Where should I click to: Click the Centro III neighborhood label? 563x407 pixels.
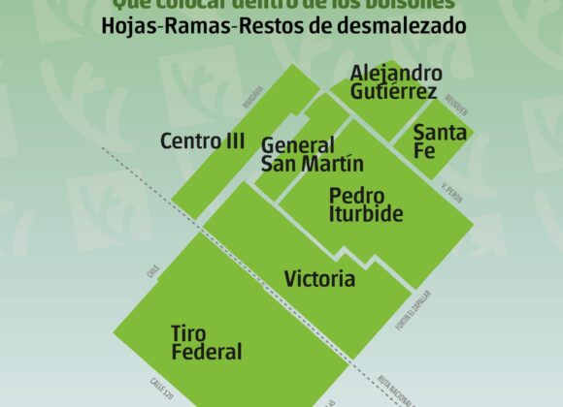(203, 141)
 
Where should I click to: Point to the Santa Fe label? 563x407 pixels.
(440, 141)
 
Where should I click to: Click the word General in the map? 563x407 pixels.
(298, 145)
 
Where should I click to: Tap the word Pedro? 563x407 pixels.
(357, 196)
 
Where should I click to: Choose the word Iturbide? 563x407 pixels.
(366, 214)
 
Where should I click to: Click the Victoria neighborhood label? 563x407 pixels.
(319, 280)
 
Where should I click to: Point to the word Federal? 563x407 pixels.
(207, 353)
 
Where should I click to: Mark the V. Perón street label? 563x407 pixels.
(452, 192)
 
